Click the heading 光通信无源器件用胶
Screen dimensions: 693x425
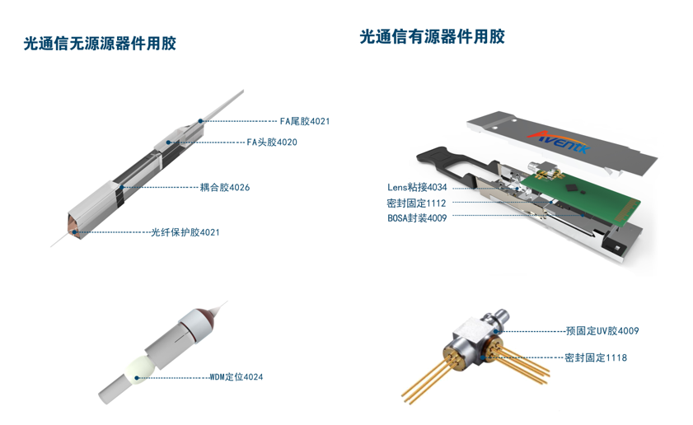point(100,44)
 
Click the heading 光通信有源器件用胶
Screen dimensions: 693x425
point(433,37)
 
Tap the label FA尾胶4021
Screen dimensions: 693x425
point(305,121)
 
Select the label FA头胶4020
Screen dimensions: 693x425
point(272,142)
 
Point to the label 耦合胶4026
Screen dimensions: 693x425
point(225,187)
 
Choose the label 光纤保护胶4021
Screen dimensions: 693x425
point(185,232)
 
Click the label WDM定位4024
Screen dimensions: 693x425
point(236,377)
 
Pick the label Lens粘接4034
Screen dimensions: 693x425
point(417,187)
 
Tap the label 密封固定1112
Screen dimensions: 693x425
point(416,203)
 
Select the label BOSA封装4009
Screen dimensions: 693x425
point(417,218)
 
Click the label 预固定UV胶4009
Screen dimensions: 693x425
point(602,331)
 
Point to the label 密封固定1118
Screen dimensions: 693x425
point(596,357)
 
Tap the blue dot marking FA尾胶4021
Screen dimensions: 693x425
point(200,121)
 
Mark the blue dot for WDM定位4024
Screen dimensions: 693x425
point(137,378)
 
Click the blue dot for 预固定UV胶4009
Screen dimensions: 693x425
point(496,331)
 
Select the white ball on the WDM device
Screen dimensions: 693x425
point(139,370)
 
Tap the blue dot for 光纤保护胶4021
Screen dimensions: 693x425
point(75,232)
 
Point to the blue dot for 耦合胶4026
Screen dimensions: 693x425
point(122,187)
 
